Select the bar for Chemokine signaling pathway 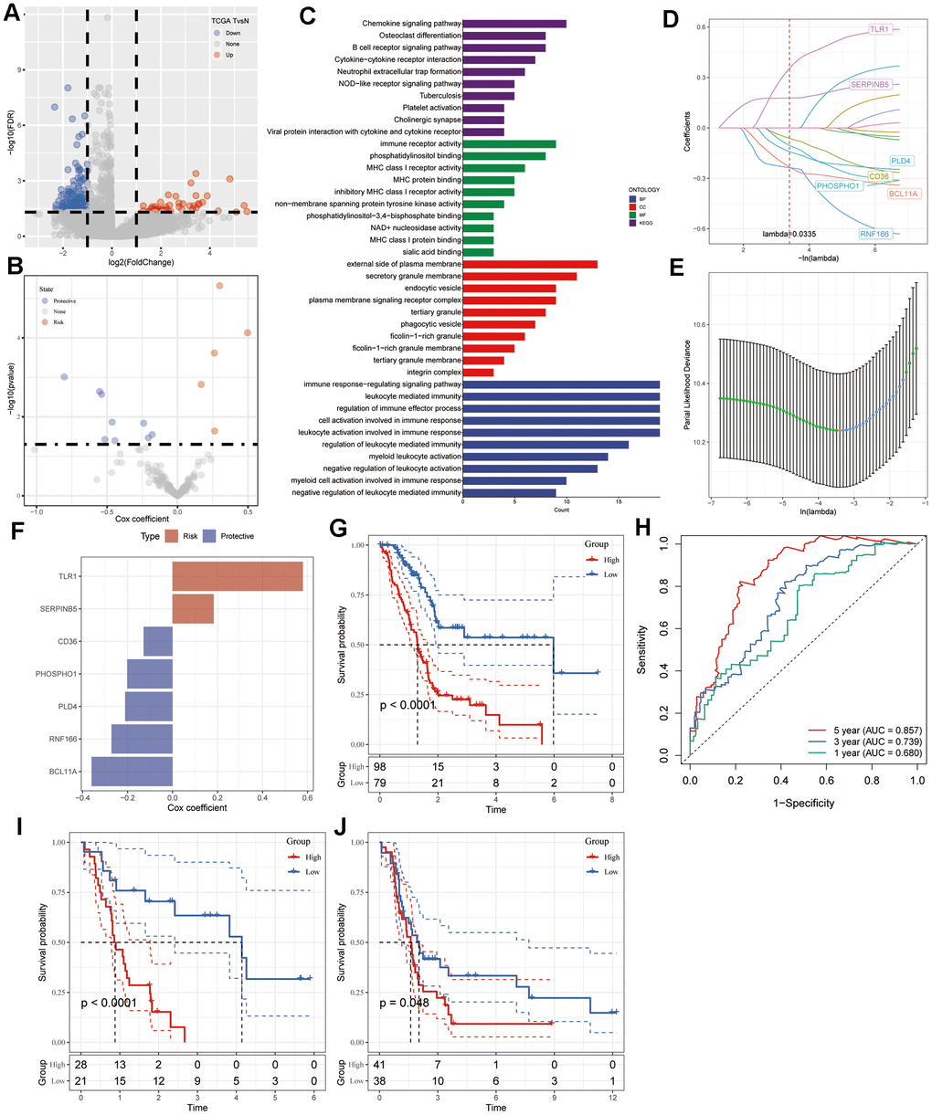(x=514, y=24)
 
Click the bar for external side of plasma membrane (x=530, y=264)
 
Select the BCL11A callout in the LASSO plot (x=904, y=194)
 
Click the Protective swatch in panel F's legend (x=207, y=536)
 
